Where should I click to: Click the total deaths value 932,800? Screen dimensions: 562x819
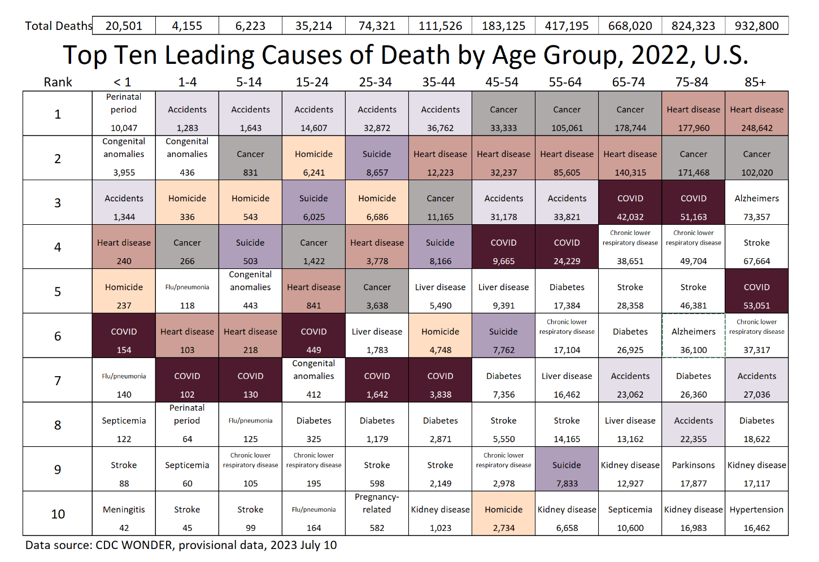pyautogui.click(x=756, y=26)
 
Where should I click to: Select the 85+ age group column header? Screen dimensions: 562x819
pyautogui.click(x=755, y=82)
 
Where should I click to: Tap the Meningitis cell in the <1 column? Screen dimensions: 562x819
pyautogui.click(x=124, y=514)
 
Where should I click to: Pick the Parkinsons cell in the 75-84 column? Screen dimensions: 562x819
pyautogui.click(x=693, y=469)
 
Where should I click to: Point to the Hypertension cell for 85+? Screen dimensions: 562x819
pyautogui.click(x=756, y=514)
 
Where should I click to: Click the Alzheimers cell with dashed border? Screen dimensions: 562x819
pyautogui.click(x=693, y=336)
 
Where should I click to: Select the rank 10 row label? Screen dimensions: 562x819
pyautogui.click(x=58, y=514)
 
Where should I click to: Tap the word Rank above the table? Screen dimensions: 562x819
pyautogui.click(x=58, y=82)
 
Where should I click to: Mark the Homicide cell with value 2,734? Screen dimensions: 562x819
pyautogui.click(x=503, y=514)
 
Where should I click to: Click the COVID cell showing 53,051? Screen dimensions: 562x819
pyautogui.click(x=756, y=291)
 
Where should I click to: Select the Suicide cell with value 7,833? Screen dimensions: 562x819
pyautogui.click(x=567, y=469)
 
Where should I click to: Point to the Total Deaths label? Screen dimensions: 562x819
pyautogui.click(x=58, y=26)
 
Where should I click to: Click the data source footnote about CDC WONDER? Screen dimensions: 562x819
pyautogui.click(x=181, y=545)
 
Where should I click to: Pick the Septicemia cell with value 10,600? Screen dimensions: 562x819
pyautogui.click(x=630, y=514)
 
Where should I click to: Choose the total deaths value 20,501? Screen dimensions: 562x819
pyautogui.click(x=124, y=26)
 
